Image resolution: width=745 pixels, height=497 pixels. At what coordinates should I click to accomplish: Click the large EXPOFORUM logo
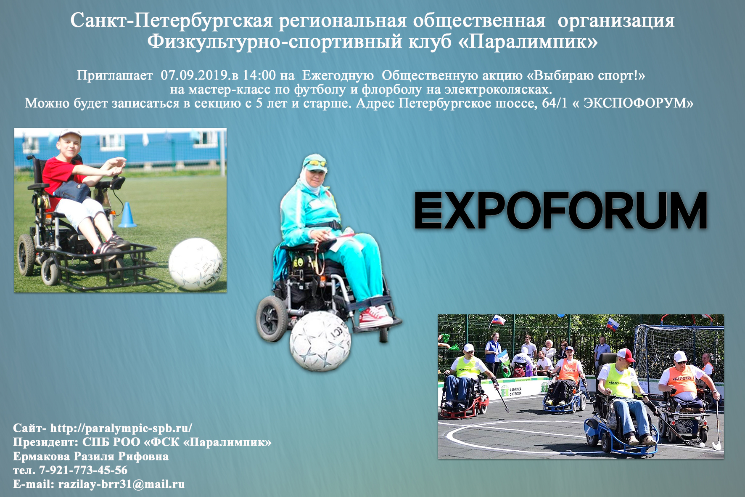pos(561,210)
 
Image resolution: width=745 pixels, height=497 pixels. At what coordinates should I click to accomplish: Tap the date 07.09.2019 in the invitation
pos(194,75)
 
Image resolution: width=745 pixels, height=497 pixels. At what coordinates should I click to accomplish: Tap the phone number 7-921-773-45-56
pos(83,470)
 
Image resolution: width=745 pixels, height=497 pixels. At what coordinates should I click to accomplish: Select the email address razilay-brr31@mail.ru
pos(122,484)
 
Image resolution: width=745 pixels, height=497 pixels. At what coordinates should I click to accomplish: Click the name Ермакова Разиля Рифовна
pos(91,456)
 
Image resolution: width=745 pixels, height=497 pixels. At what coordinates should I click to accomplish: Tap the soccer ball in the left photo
pos(195,264)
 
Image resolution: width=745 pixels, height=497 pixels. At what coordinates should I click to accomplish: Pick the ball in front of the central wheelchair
pos(320,341)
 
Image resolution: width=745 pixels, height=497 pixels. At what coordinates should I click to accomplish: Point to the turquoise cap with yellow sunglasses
pos(315,163)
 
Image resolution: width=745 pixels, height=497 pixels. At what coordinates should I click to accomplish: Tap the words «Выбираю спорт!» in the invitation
pos(586,75)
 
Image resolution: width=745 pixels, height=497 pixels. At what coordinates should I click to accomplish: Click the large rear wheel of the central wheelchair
pos(272,318)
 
